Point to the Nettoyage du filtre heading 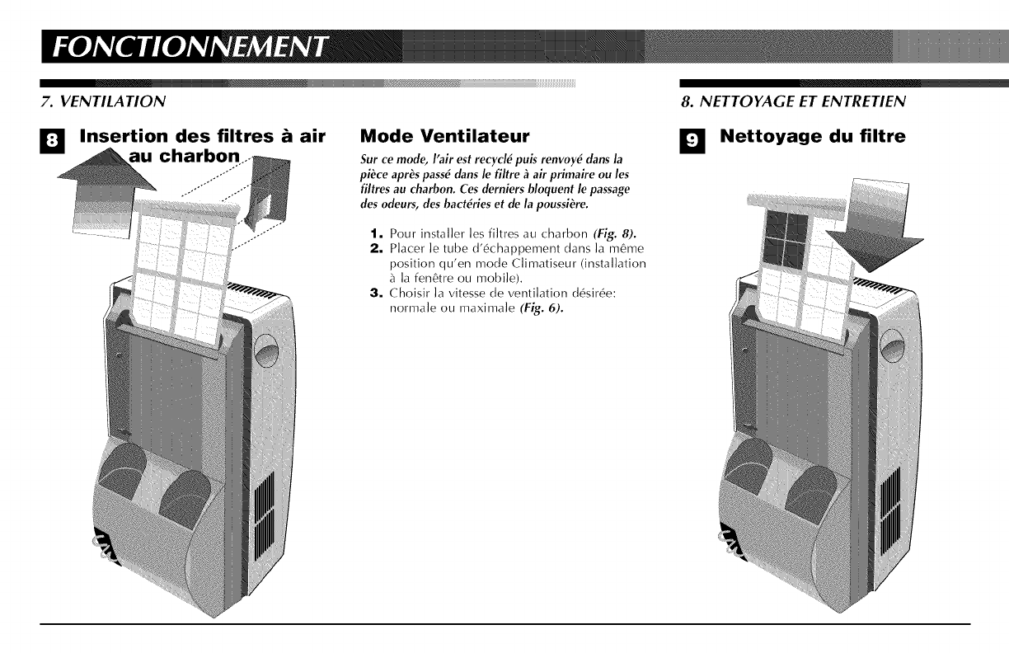813,136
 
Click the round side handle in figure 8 262,344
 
